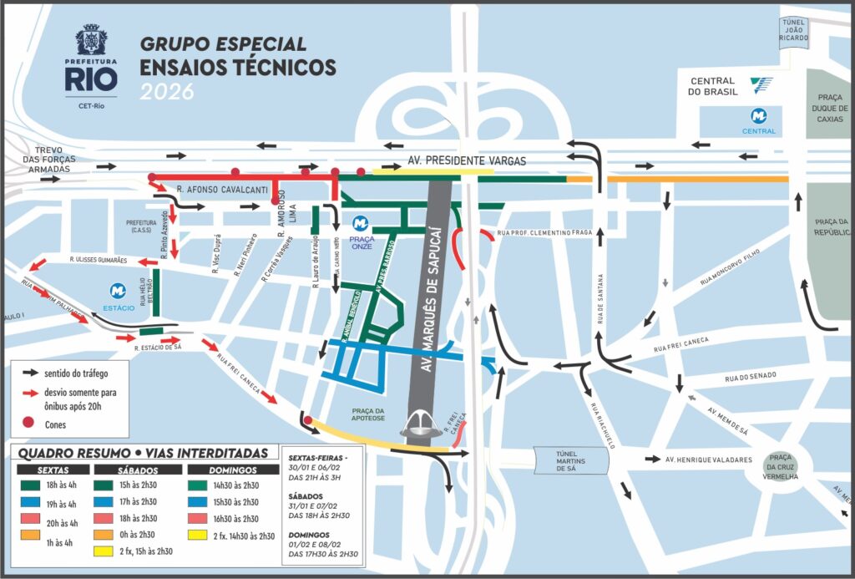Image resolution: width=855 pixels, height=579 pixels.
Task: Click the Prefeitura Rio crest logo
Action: point(91,40)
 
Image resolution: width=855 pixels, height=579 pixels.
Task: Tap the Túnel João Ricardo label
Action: point(793,31)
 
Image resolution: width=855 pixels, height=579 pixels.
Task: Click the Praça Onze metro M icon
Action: point(360,224)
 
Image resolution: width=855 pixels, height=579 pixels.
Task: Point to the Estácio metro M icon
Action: point(118,292)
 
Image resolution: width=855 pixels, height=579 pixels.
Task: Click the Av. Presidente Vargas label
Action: point(467,160)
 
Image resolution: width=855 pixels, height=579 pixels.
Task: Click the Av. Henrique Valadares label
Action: point(709,460)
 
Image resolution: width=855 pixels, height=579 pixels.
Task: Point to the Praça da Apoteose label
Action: point(368,415)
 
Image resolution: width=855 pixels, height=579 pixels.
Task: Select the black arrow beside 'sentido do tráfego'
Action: point(33,371)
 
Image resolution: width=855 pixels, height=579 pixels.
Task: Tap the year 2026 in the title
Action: point(166,92)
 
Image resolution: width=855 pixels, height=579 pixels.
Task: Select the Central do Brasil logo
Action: point(761,85)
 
